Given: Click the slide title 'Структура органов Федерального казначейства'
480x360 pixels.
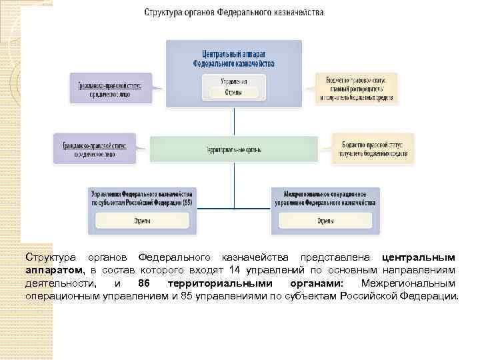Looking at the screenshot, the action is pos(234,13).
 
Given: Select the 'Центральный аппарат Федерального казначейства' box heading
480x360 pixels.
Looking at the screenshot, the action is pos(233,58).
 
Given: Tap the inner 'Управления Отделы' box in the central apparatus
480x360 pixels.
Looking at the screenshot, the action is pos(233,87).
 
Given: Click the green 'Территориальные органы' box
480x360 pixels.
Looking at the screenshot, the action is pos(233,149).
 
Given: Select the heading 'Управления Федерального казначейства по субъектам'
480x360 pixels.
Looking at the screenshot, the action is pos(141,197).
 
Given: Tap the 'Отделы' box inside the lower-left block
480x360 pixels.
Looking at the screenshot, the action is pos(141,221).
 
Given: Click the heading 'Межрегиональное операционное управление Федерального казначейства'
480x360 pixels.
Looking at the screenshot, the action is pos(325,197).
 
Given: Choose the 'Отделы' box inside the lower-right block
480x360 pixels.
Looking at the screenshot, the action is pos(325,221).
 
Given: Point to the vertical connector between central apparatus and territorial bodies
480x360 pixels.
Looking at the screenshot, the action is pos(234,121).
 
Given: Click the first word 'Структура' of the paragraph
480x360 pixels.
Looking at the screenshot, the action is pos(47,257).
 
